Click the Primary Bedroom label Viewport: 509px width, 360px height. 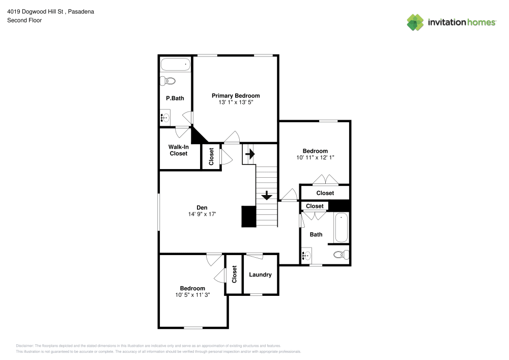(236, 96)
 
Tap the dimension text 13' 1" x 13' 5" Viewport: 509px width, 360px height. (236, 102)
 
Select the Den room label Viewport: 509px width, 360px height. (202, 207)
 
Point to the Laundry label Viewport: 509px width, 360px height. (260, 275)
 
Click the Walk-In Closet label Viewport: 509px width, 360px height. (178, 150)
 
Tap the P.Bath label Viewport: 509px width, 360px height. (175, 98)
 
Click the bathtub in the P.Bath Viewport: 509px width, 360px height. (175, 65)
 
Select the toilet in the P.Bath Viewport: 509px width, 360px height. (167, 81)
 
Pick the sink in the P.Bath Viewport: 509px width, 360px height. (165, 118)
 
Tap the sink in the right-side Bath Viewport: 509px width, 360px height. (306, 256)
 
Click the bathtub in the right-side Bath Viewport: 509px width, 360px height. (341, 228)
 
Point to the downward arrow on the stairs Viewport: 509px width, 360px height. (267, 196)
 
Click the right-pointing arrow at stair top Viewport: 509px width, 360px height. (250, 152)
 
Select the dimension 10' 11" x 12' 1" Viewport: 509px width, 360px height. (315, 158)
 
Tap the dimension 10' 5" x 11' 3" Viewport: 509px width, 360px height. (192, 295)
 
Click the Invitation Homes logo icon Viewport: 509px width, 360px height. (415, 22)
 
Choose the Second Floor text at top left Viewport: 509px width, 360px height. (24, 20)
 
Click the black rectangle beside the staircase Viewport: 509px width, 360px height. (248, 216)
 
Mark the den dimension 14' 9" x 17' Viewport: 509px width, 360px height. (202, 214)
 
